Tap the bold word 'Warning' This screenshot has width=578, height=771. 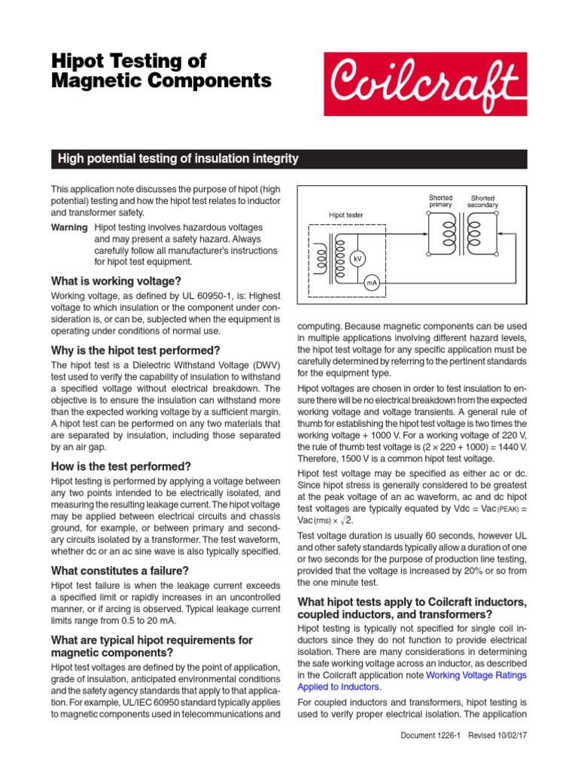coord(68,227)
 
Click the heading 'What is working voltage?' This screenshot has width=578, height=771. coord(116,281)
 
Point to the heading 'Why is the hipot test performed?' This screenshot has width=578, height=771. coord(135,350)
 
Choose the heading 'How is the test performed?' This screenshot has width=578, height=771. coord(121,466)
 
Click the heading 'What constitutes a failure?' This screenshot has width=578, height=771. coord(120,571)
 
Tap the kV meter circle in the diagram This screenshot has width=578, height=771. coord(358,258)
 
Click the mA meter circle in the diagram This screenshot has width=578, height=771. coord(371,283)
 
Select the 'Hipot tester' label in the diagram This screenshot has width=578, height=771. coord(346,215)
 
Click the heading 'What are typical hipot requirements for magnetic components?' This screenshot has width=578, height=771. coord(151,646)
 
